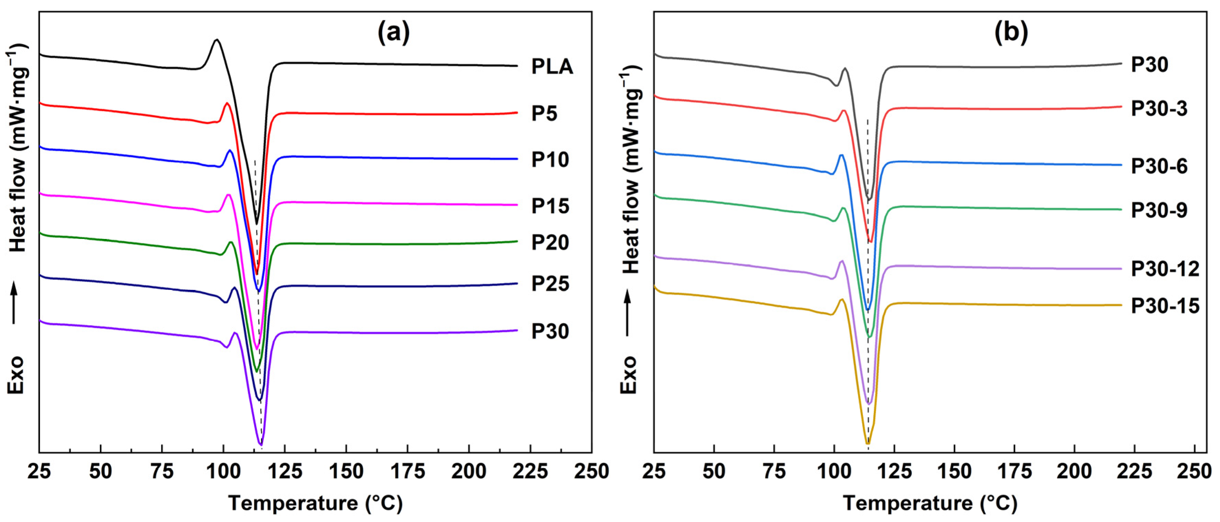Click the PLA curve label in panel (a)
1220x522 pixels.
(x=552, y=67)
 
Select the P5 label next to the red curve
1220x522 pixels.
(x=544, y=114)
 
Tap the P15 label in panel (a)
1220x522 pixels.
(x=550, y=206)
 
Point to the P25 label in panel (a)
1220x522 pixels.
(x=550, y=284)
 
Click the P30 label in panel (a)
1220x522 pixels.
(x=550, y=331)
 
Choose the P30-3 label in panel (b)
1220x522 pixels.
(x=1159, y=109)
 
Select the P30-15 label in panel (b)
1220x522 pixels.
(x=1165, y=306)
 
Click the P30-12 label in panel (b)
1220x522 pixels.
(x=1165, y=269)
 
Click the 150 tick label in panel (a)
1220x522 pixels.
(x=346, y=472)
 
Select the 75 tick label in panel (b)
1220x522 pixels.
(x=774, y=472)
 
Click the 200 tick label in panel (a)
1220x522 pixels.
(x=469, y=472)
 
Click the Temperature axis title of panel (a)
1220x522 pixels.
(x=315, y=503)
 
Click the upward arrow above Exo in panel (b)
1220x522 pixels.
(x=628, y=313)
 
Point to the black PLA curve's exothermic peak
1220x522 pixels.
(x=217, y=40)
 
